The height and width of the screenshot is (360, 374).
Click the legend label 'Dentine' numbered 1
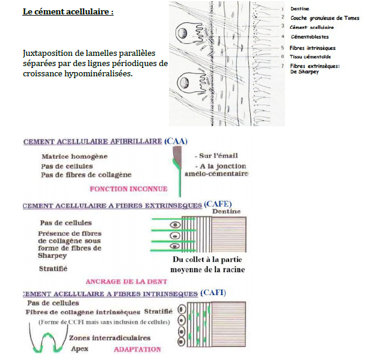[300, 9]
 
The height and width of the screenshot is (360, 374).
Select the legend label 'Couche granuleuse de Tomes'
[325, 18]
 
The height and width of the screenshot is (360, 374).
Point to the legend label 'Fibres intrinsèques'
[313, 47]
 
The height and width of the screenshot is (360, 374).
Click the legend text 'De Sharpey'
[304, 72]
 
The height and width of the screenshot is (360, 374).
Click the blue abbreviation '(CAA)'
[175, 141]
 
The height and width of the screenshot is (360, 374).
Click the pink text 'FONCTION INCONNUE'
[128, 189]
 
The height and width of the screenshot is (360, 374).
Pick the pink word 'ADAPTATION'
[137, 349]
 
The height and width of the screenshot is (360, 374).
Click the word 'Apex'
[80, 349]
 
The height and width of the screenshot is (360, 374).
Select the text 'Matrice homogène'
[75, 156]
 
